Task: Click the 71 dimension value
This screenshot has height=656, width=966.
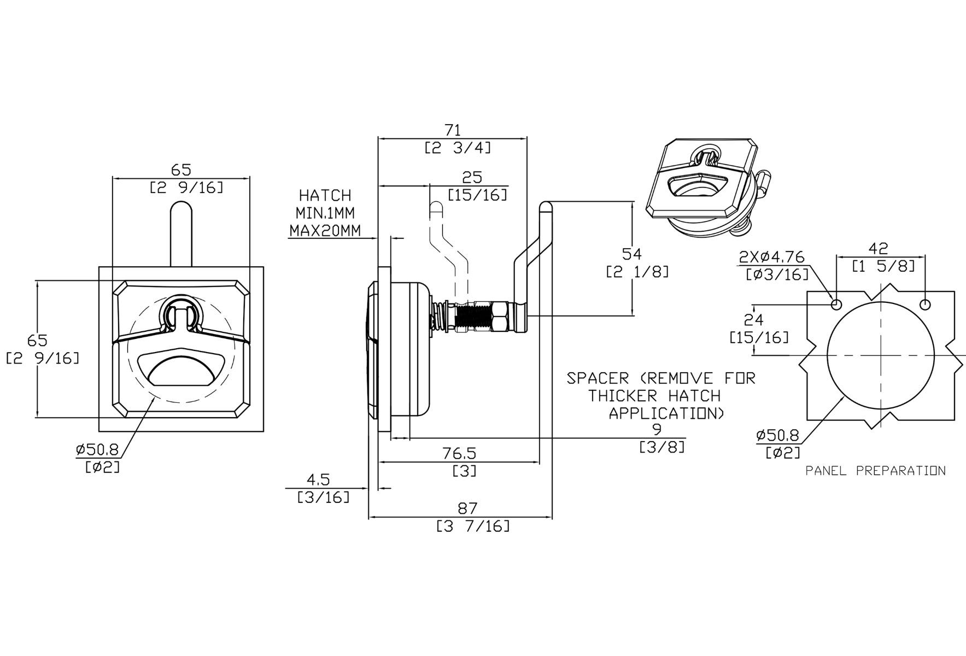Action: [453, 130]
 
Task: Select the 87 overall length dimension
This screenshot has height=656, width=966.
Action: [467, 508]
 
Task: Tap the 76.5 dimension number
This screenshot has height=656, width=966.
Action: [460, 453]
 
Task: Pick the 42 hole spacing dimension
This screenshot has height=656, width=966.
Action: [878, 249]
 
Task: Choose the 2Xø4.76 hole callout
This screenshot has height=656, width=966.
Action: [772, 256]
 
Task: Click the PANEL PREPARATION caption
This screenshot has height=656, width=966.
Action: [875, 471]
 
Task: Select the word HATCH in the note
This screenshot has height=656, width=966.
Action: [325, 195]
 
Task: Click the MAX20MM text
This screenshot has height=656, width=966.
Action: [325, 230]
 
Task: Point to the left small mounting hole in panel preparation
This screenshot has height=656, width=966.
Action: [836, 304]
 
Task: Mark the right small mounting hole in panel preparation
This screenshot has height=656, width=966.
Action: [925, 304]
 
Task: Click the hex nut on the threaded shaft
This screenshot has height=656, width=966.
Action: [500, 316]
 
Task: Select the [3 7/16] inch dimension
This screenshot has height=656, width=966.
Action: [473, 526]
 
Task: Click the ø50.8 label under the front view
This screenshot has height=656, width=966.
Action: [97, 449]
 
